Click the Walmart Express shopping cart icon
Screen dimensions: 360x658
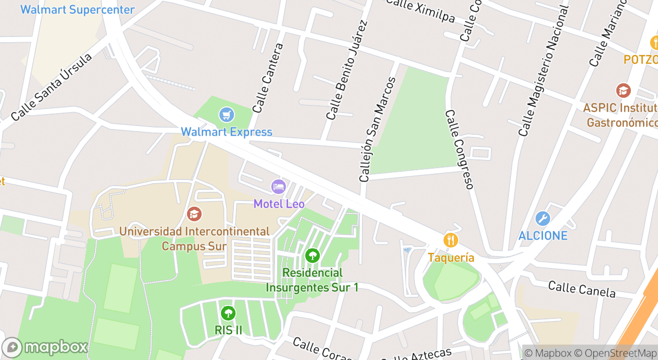tap(227, 115)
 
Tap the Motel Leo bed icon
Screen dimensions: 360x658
tap(279, 186)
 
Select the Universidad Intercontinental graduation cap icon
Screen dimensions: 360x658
tap(194, 213)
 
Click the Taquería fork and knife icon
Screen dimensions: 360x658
tap(451, 240)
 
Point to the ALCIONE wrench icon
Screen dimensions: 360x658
tap(542, 219)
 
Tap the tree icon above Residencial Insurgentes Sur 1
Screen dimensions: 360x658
tap(312, 255)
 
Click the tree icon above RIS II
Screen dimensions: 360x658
tap(228, 313)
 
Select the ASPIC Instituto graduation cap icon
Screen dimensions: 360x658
tap(623, 91)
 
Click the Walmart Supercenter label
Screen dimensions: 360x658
tap(77, 9)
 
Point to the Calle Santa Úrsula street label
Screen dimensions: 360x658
tap(51, 86)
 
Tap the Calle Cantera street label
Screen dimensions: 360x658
tap(268, 78)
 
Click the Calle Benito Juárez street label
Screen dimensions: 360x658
tap(348, 70)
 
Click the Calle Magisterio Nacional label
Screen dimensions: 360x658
tap(544, 71)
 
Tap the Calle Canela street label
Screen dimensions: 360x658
tap(581, 289)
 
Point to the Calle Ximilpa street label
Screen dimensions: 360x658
tap(420, 10)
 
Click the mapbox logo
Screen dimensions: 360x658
tap(45, 347)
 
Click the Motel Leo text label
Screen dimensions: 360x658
tap(279, 204)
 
